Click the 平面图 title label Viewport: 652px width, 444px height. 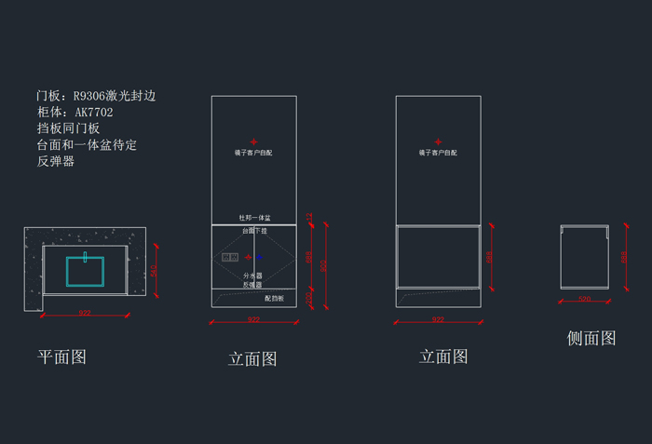coord(61,357)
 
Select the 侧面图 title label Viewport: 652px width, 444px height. coord(591,338)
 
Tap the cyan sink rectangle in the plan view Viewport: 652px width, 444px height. coord(97,271)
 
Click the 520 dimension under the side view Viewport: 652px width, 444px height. coord(584,299)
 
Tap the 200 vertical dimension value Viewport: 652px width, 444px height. coord(309,297)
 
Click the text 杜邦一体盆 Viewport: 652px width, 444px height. coord(254,218)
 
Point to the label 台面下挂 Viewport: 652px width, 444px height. coord(254,230)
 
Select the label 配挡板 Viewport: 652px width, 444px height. coord(274,298)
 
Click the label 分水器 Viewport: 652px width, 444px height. coord(252,276)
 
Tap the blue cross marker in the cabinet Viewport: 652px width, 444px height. coord(261,257)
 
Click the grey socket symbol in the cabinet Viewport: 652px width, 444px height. coord(230,257)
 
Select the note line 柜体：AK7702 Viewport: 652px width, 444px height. coord(75,112)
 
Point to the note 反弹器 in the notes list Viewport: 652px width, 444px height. coord(55,161)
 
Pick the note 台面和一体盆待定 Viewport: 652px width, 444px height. coord(87,144)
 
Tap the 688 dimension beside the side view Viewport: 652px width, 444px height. coord(623,258)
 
